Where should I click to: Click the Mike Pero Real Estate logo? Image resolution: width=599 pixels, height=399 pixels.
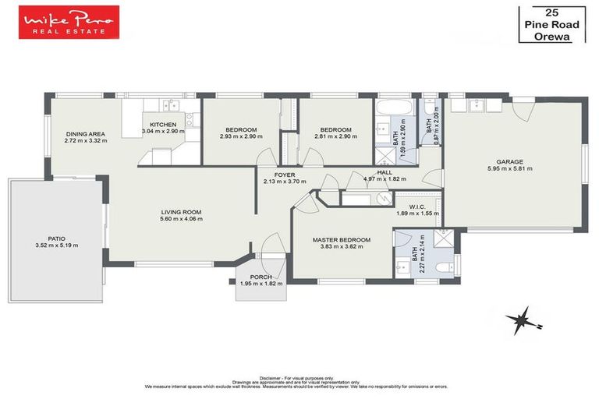[x=69, y=22]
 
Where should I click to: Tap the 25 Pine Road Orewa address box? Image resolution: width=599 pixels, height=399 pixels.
[x=551, y=24]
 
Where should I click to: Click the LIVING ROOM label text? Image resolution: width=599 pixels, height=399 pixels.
[x=181, y=212]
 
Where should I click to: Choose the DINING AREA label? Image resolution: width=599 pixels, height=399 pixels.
[x=84, y=134]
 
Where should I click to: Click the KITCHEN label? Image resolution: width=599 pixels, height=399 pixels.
[x=163, y=125]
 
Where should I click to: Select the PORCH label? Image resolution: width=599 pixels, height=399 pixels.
[x=261, y=277]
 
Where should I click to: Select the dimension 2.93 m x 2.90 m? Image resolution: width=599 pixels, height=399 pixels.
[x=241, y=136]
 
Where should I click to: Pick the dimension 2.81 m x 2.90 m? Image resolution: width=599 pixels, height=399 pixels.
[x=335, y=136]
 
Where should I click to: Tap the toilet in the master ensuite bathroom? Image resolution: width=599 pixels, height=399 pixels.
[x=442, y=267]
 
